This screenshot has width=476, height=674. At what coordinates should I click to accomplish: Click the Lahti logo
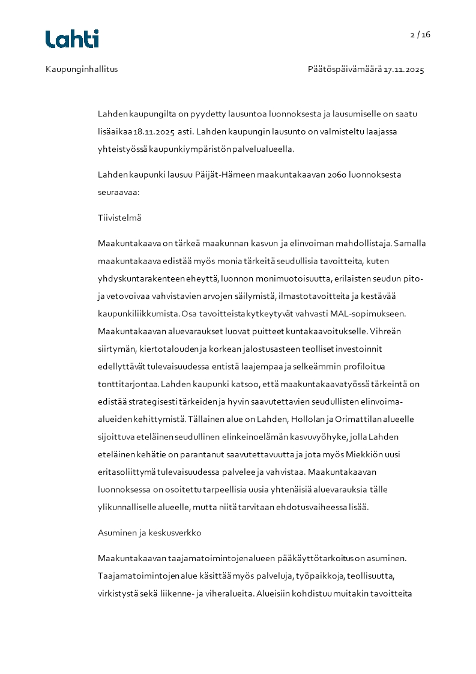(72, 39)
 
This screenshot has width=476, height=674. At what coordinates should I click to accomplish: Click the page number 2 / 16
(420, 34)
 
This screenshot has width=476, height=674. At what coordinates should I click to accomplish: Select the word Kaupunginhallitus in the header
(82, 69)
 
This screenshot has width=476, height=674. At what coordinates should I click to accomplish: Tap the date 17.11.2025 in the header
(404, 69)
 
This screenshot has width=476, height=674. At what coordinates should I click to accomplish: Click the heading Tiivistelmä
(119, 218)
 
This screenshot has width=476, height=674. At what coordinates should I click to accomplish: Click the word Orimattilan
(339, 418)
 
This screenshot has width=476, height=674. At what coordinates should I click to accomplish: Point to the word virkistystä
(119, 593)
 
